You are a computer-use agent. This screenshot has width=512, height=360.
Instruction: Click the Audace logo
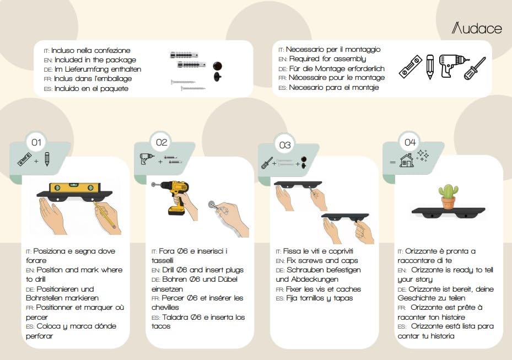(477, 28)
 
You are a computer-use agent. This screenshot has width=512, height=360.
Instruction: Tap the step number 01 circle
(36, 142)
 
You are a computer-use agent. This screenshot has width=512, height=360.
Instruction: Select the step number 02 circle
(161, 142)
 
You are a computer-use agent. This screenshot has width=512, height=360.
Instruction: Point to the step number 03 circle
(285, 145)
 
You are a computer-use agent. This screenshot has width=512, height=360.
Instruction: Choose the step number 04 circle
(410, 142)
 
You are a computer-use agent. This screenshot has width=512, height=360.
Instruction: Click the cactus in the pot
(448, 196)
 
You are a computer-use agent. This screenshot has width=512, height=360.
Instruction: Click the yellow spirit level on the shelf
(74, 187)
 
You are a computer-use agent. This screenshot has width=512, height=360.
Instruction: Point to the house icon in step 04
(407, 160)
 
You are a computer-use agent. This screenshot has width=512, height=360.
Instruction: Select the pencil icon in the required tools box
(430, 67)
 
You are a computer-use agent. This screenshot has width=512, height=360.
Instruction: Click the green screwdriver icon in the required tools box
(475, 68)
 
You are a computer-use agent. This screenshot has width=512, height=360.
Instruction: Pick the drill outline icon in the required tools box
(453, 66)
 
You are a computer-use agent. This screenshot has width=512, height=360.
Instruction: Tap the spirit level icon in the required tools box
(410, 67)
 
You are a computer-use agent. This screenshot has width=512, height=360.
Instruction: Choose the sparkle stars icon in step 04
(423, 155)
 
